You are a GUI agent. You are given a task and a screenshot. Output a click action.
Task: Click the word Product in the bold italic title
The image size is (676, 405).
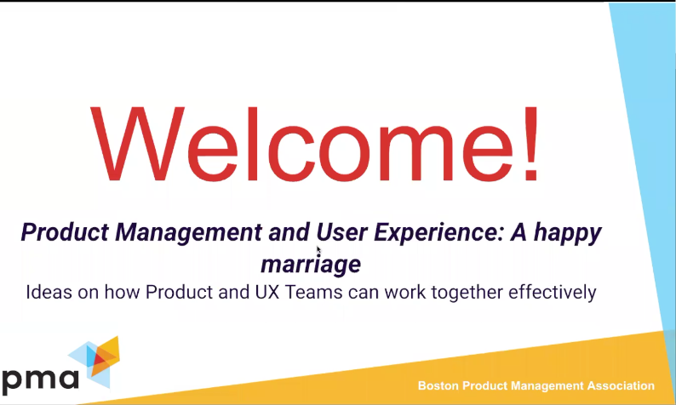coord(54,232)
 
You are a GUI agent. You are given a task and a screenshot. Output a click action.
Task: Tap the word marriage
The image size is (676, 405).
coord(311,264)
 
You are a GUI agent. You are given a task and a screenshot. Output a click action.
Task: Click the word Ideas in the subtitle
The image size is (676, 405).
coord(48,294)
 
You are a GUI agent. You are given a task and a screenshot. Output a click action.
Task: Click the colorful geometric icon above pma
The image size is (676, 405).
coord(95,358)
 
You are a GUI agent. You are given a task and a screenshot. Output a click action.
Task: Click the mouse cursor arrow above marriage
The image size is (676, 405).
coord(319,251)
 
